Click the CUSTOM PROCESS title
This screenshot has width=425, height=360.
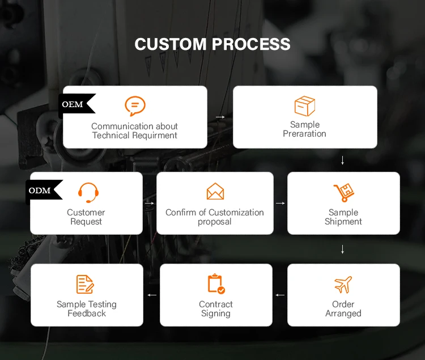(x=212, y=44)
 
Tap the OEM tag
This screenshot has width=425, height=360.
(x=73, y=105)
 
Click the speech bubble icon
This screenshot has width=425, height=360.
(x=135, y=106)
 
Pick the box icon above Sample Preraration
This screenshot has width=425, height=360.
(x=305, y=106)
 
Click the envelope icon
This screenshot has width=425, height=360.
(x=215, y=192)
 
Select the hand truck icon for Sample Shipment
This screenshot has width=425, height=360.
(x=343, y=193)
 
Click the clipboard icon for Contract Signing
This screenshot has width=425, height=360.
(x=216, y=283)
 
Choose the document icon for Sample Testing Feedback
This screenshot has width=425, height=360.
(x=86, y=284)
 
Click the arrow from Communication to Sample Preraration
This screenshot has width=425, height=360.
(x=220, y=117)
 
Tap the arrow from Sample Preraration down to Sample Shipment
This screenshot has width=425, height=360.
(x=343, y=161)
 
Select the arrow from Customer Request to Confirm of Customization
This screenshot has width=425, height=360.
(x=150, y=202)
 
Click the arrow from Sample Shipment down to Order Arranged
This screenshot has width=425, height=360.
(x=343, y=249)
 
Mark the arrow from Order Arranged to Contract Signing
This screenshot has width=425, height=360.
(x=280, y=295)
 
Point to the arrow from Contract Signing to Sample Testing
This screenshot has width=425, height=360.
(x=152, y=295)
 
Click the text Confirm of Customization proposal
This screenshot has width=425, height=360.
(x=215, y=217)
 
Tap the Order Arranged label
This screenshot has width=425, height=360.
(x=343, y=309)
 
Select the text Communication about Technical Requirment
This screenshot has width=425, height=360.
(x=135, y=131)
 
